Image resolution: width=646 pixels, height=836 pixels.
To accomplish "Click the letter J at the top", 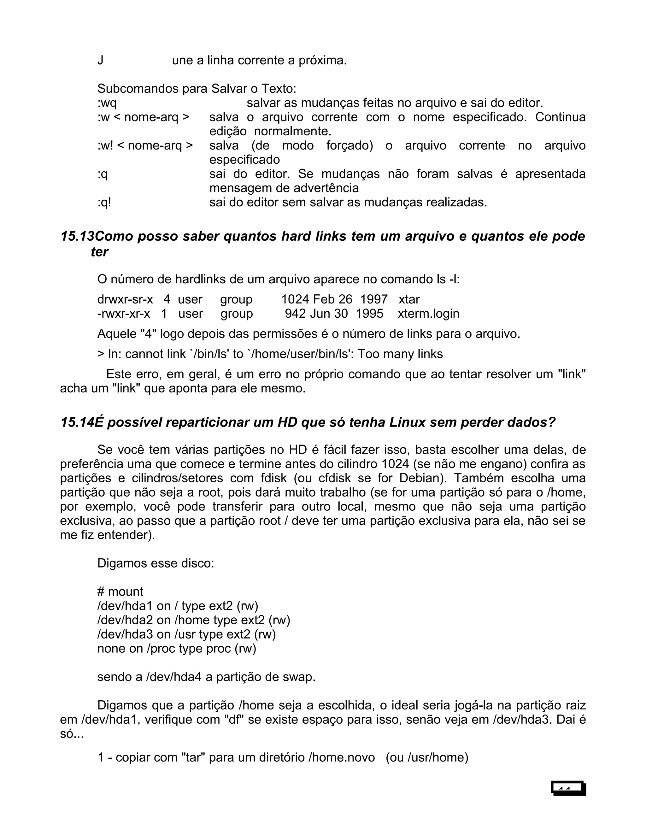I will coord(100,61).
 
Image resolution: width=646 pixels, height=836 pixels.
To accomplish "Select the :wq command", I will coord(107,103).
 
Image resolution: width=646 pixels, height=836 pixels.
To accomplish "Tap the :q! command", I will coord(104,202).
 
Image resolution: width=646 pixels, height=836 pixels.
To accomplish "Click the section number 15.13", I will coord(77,236).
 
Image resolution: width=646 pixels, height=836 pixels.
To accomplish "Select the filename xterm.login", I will coord(428,314).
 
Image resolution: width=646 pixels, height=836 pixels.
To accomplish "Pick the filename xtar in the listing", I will coord(409,299).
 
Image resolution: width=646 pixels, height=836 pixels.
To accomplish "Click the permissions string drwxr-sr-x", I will coord(125,299).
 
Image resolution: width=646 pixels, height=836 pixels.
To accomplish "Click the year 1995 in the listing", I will coord(369,314).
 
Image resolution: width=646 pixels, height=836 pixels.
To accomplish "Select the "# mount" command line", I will coord(120,592).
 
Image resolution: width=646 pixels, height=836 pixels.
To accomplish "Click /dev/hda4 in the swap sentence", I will coord(174,677).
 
